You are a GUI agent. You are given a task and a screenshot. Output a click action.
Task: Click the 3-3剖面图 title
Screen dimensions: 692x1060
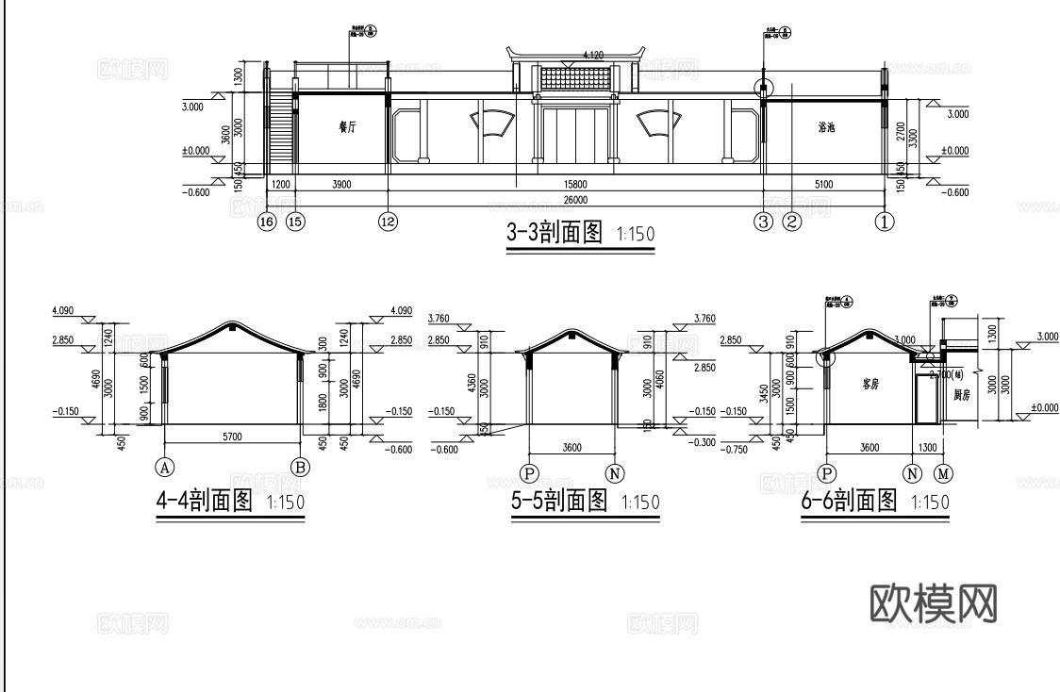(x=555, y=233)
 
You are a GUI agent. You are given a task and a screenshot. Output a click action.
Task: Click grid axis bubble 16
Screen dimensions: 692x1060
(x=267, y=222)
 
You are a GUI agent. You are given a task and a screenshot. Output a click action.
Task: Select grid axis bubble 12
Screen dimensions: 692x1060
(x=388, y=222)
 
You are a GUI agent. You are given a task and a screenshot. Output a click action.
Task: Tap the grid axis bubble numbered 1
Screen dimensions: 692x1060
(x=884, y=222)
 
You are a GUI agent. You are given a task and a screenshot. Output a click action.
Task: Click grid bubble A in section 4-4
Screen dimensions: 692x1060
(x=165, y=466)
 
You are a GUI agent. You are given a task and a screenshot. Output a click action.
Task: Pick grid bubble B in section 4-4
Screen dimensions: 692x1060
(x=301, y=466)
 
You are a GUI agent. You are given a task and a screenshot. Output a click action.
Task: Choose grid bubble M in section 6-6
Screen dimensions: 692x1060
(x=944, y=471)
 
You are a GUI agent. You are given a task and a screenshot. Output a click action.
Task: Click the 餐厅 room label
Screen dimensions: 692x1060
(x=347, y=126)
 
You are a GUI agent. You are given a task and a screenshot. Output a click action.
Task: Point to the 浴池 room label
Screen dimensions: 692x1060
(x=829, y=126)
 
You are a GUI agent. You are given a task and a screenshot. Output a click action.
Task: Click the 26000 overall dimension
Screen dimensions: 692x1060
(x=575, y=200)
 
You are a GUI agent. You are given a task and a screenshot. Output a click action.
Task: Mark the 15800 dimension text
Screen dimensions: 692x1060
(x=575, y=185)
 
